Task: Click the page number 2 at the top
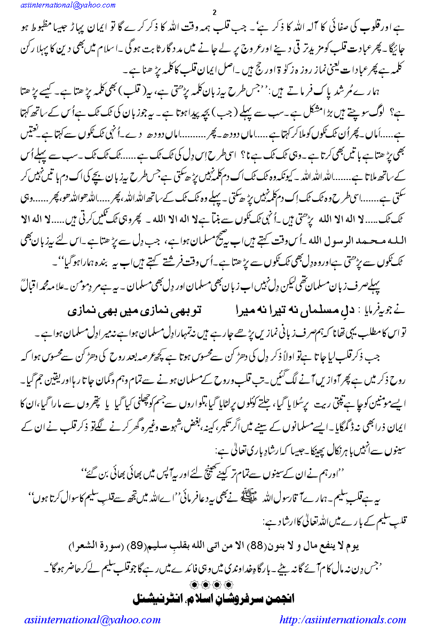click(213, 12)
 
